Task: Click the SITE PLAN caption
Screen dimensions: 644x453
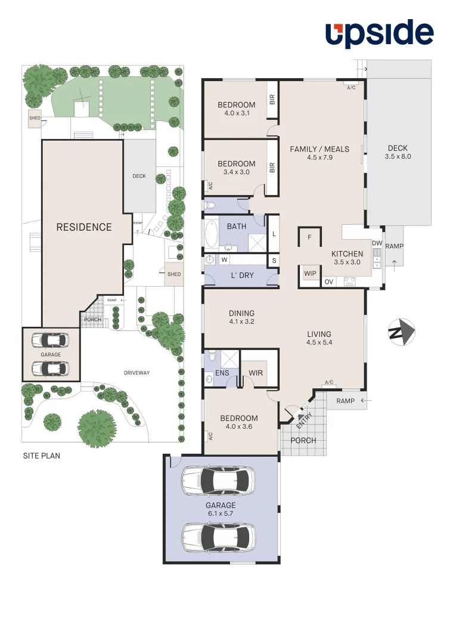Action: (x=41, y=456)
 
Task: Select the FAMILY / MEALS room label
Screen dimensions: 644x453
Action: (x=319, y=149)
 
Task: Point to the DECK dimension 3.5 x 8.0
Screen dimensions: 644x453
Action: (x=399, y=157)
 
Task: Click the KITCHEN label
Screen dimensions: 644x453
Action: (x=347, y=254)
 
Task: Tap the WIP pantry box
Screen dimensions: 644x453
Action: (x=310, y=274)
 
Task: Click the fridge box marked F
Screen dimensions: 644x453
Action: (x=309, y=237)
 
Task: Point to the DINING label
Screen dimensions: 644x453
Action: (x=241, y=313)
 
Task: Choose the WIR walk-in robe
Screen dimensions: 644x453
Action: (x=256, y=373)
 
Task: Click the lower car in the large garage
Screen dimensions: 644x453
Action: (x=218, y=537)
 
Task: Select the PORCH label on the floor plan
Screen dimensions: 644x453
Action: (x=303, y=441)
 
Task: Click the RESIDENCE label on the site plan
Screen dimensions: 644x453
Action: (x=84, y=227)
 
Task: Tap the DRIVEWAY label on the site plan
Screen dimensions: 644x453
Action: (x=136, y=373)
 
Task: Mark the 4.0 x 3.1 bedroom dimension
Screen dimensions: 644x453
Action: (x=237, y=113)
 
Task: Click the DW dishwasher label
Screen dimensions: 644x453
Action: (x=377, y=243)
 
